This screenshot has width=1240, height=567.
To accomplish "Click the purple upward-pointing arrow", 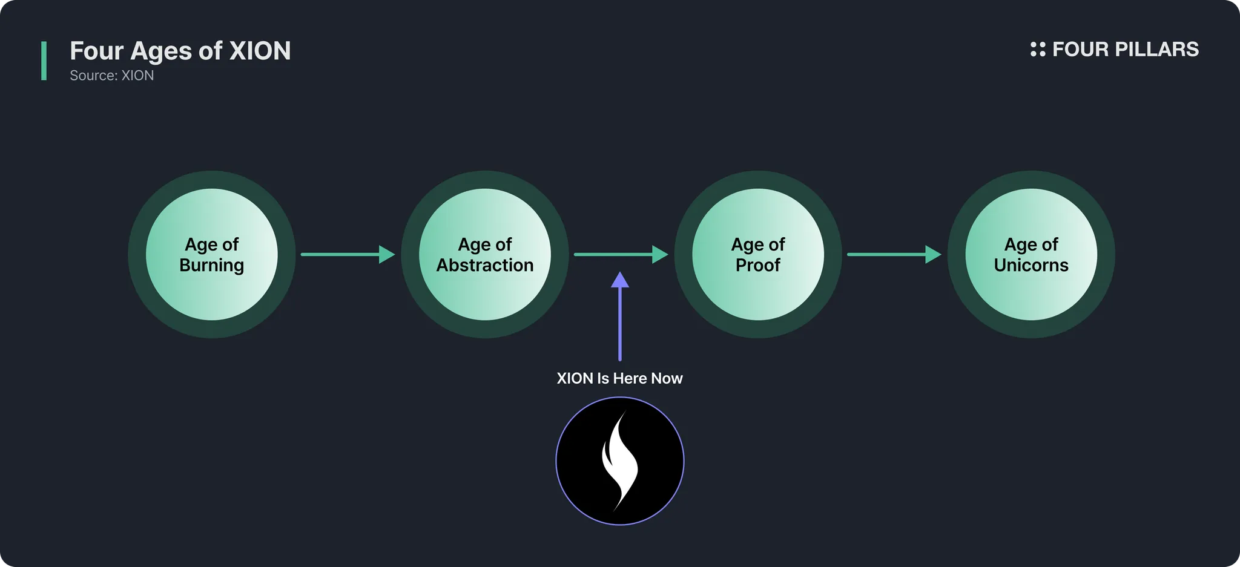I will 619,318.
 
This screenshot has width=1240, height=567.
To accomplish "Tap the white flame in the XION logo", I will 619,460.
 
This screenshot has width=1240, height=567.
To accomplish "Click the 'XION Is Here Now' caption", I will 619,378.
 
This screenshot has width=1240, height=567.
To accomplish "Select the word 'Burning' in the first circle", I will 211,265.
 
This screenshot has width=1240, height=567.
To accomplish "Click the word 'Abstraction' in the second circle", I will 484,265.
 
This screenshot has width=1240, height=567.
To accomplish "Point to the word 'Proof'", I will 757,265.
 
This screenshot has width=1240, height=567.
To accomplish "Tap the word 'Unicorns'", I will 1031,265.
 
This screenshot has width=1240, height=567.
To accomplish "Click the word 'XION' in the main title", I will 260,51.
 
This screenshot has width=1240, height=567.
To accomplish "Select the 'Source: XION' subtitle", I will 111,76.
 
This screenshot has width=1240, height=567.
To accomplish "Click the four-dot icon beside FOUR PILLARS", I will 1037,49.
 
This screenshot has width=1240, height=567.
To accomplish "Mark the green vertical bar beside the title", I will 44,61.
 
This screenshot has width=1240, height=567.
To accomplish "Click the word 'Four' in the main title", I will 96,51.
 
